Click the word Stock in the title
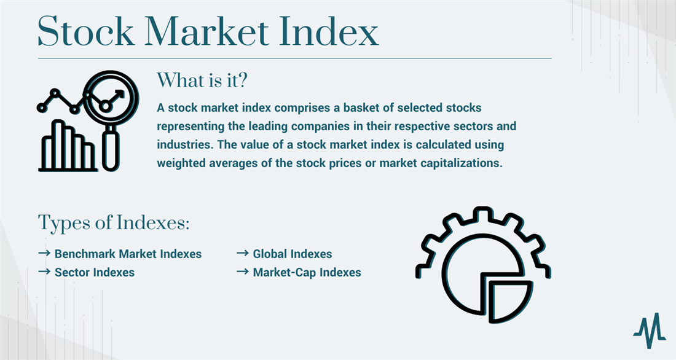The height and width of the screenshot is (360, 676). click(86, 31)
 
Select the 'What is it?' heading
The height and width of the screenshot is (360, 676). click(202, 80)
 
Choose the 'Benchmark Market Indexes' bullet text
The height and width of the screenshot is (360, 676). click(128, 254)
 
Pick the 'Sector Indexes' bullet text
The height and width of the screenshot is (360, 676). click(95, 273)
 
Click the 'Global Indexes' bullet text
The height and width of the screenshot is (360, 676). click(293, 254)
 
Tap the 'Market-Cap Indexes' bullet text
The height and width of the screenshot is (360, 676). click(307, 273)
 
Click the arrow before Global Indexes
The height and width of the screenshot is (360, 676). click(243, 253)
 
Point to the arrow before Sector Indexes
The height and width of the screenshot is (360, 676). click(44, 272)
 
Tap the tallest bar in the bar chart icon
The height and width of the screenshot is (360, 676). click(58, 144)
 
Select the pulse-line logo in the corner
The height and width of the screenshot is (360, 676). click(649, 331)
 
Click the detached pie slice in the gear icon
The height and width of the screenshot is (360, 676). click(508, 299)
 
